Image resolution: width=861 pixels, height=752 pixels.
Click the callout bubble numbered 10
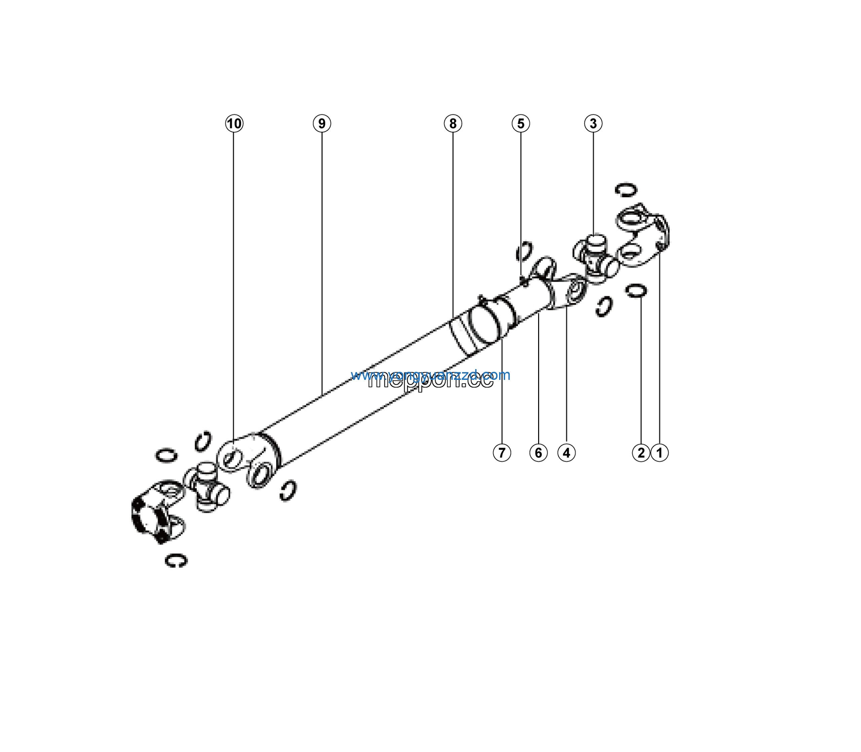tap(234, 123)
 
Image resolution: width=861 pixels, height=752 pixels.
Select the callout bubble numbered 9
tap(322, 123)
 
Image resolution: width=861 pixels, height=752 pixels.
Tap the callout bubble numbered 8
tap(453, 123)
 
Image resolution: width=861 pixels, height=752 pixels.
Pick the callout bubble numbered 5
tap(521, 123)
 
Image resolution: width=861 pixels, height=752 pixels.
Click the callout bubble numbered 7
tap(502, 453)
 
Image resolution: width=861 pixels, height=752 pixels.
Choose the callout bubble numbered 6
tap(538, 453)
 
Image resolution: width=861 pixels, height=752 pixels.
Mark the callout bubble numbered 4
tap(566, 453)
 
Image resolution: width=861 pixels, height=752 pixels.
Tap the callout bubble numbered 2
tap(641, 453)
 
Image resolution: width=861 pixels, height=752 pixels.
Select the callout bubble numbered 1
tap(659, 453)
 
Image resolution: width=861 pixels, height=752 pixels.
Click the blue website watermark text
tap(430, 375)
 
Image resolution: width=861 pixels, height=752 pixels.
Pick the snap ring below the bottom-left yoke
tap(176, 561)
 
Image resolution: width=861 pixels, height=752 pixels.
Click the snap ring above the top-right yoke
tap(626, 190)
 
